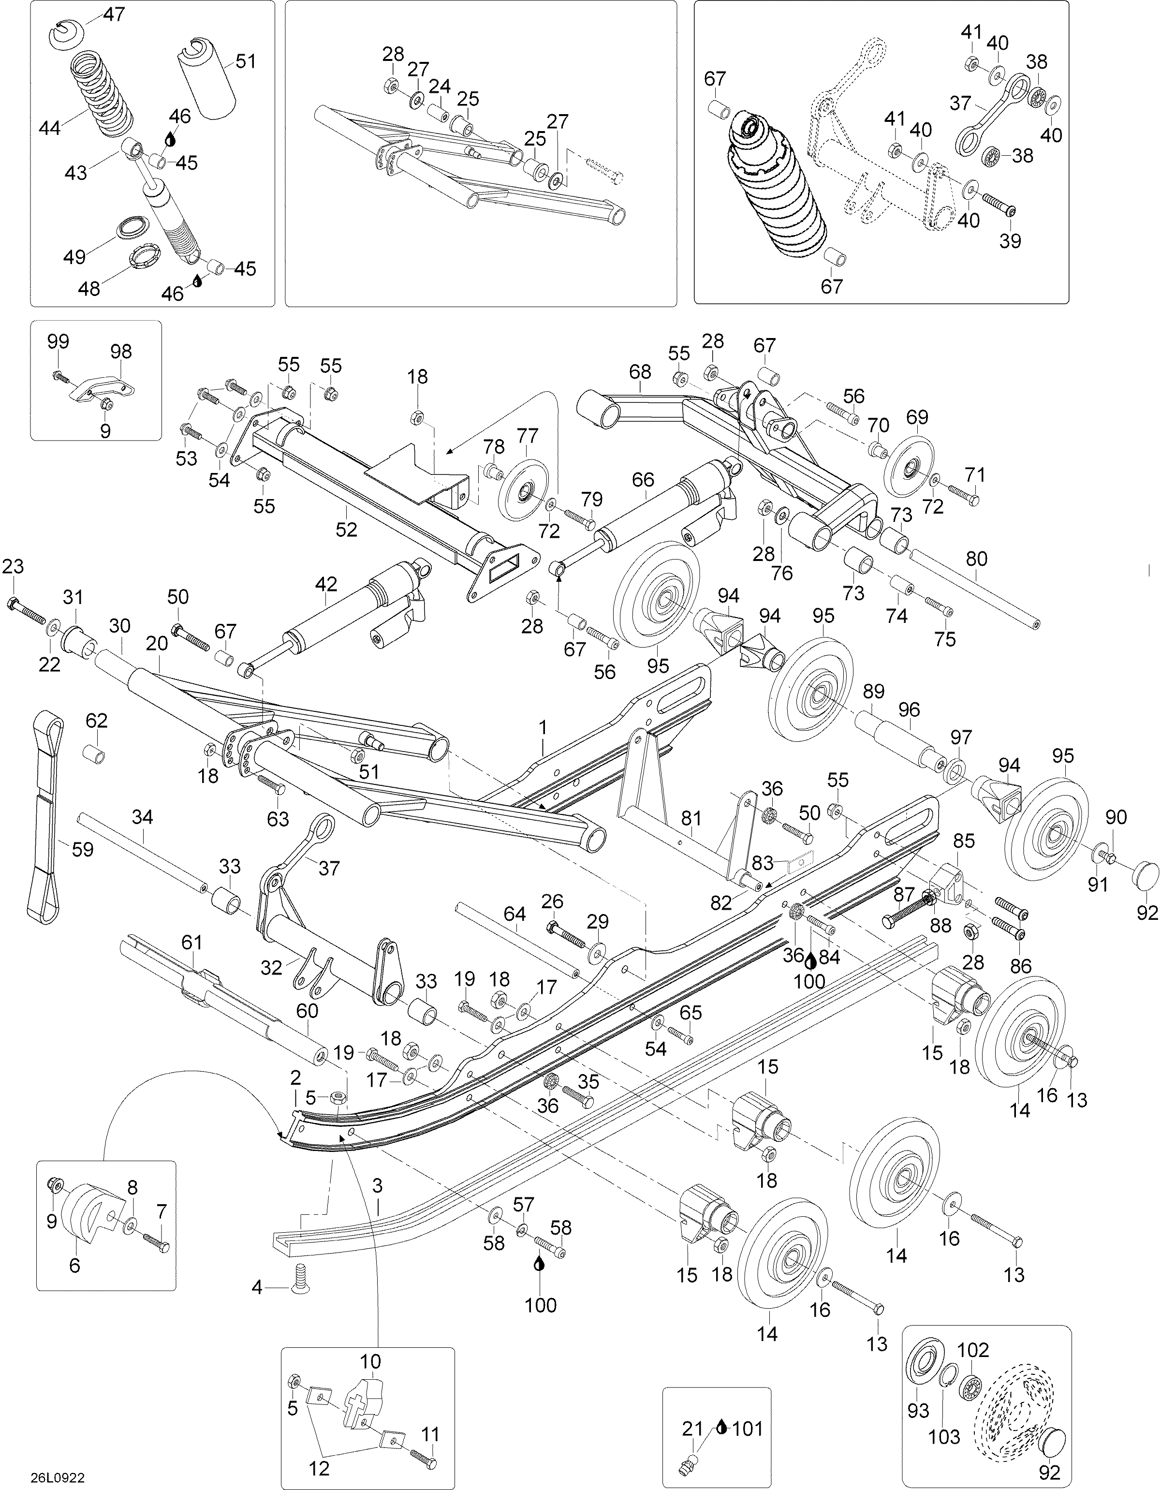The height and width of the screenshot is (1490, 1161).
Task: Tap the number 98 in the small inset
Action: click(x=121, y=352)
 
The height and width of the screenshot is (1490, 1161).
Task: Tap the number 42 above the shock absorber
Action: click(x=326, y=584)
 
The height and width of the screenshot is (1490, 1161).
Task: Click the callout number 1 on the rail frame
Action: click(x=543, y=727)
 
